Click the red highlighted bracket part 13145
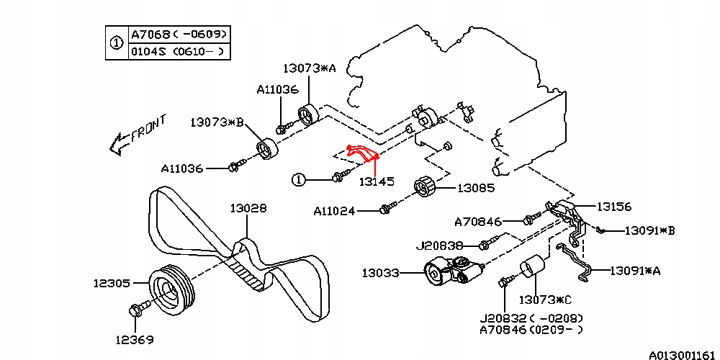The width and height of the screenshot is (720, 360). point(364,153)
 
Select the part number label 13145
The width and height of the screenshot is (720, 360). point(377,182)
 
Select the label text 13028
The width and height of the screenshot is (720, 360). point(248,208)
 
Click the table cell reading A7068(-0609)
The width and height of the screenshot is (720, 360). point(179,35)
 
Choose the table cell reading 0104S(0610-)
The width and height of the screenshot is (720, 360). point(179,52)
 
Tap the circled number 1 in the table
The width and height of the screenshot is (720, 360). point(116,43)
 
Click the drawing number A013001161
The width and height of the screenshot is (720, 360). point(683,354)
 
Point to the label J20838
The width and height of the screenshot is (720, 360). point(440,246)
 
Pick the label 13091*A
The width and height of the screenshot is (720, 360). point(635,271)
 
